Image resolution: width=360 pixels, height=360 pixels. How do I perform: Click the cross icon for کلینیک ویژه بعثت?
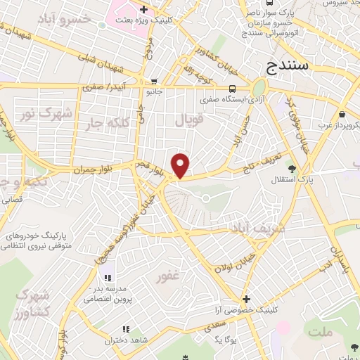click(x=143, y=10)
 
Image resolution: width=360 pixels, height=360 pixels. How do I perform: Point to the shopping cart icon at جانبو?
click(x=154, y=81)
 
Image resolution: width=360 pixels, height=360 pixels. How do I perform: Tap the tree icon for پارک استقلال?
click(x=291, y=169)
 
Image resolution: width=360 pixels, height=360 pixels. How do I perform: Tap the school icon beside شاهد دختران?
click(x=127, y=329)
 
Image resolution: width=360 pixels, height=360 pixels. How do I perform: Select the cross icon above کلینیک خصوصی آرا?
click(x=245, y=299)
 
